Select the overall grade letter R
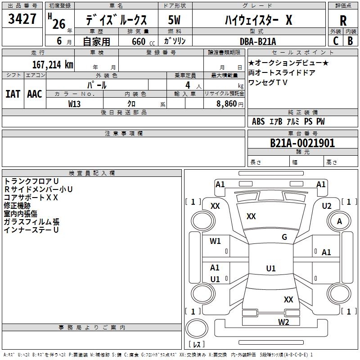point(343,21)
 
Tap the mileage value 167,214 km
point(53,64)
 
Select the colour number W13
point(75,103)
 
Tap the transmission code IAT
point(13,94)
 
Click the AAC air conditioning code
point(35,94)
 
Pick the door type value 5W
point(174,21)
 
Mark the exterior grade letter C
point(336,41)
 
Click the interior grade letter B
point(350,41)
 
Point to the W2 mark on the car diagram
point(283,322)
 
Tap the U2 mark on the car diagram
point(326,206)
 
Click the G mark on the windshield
point(284,237)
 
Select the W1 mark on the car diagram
point(215,241)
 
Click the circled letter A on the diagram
point(339,221)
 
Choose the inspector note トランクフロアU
point(31,181)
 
